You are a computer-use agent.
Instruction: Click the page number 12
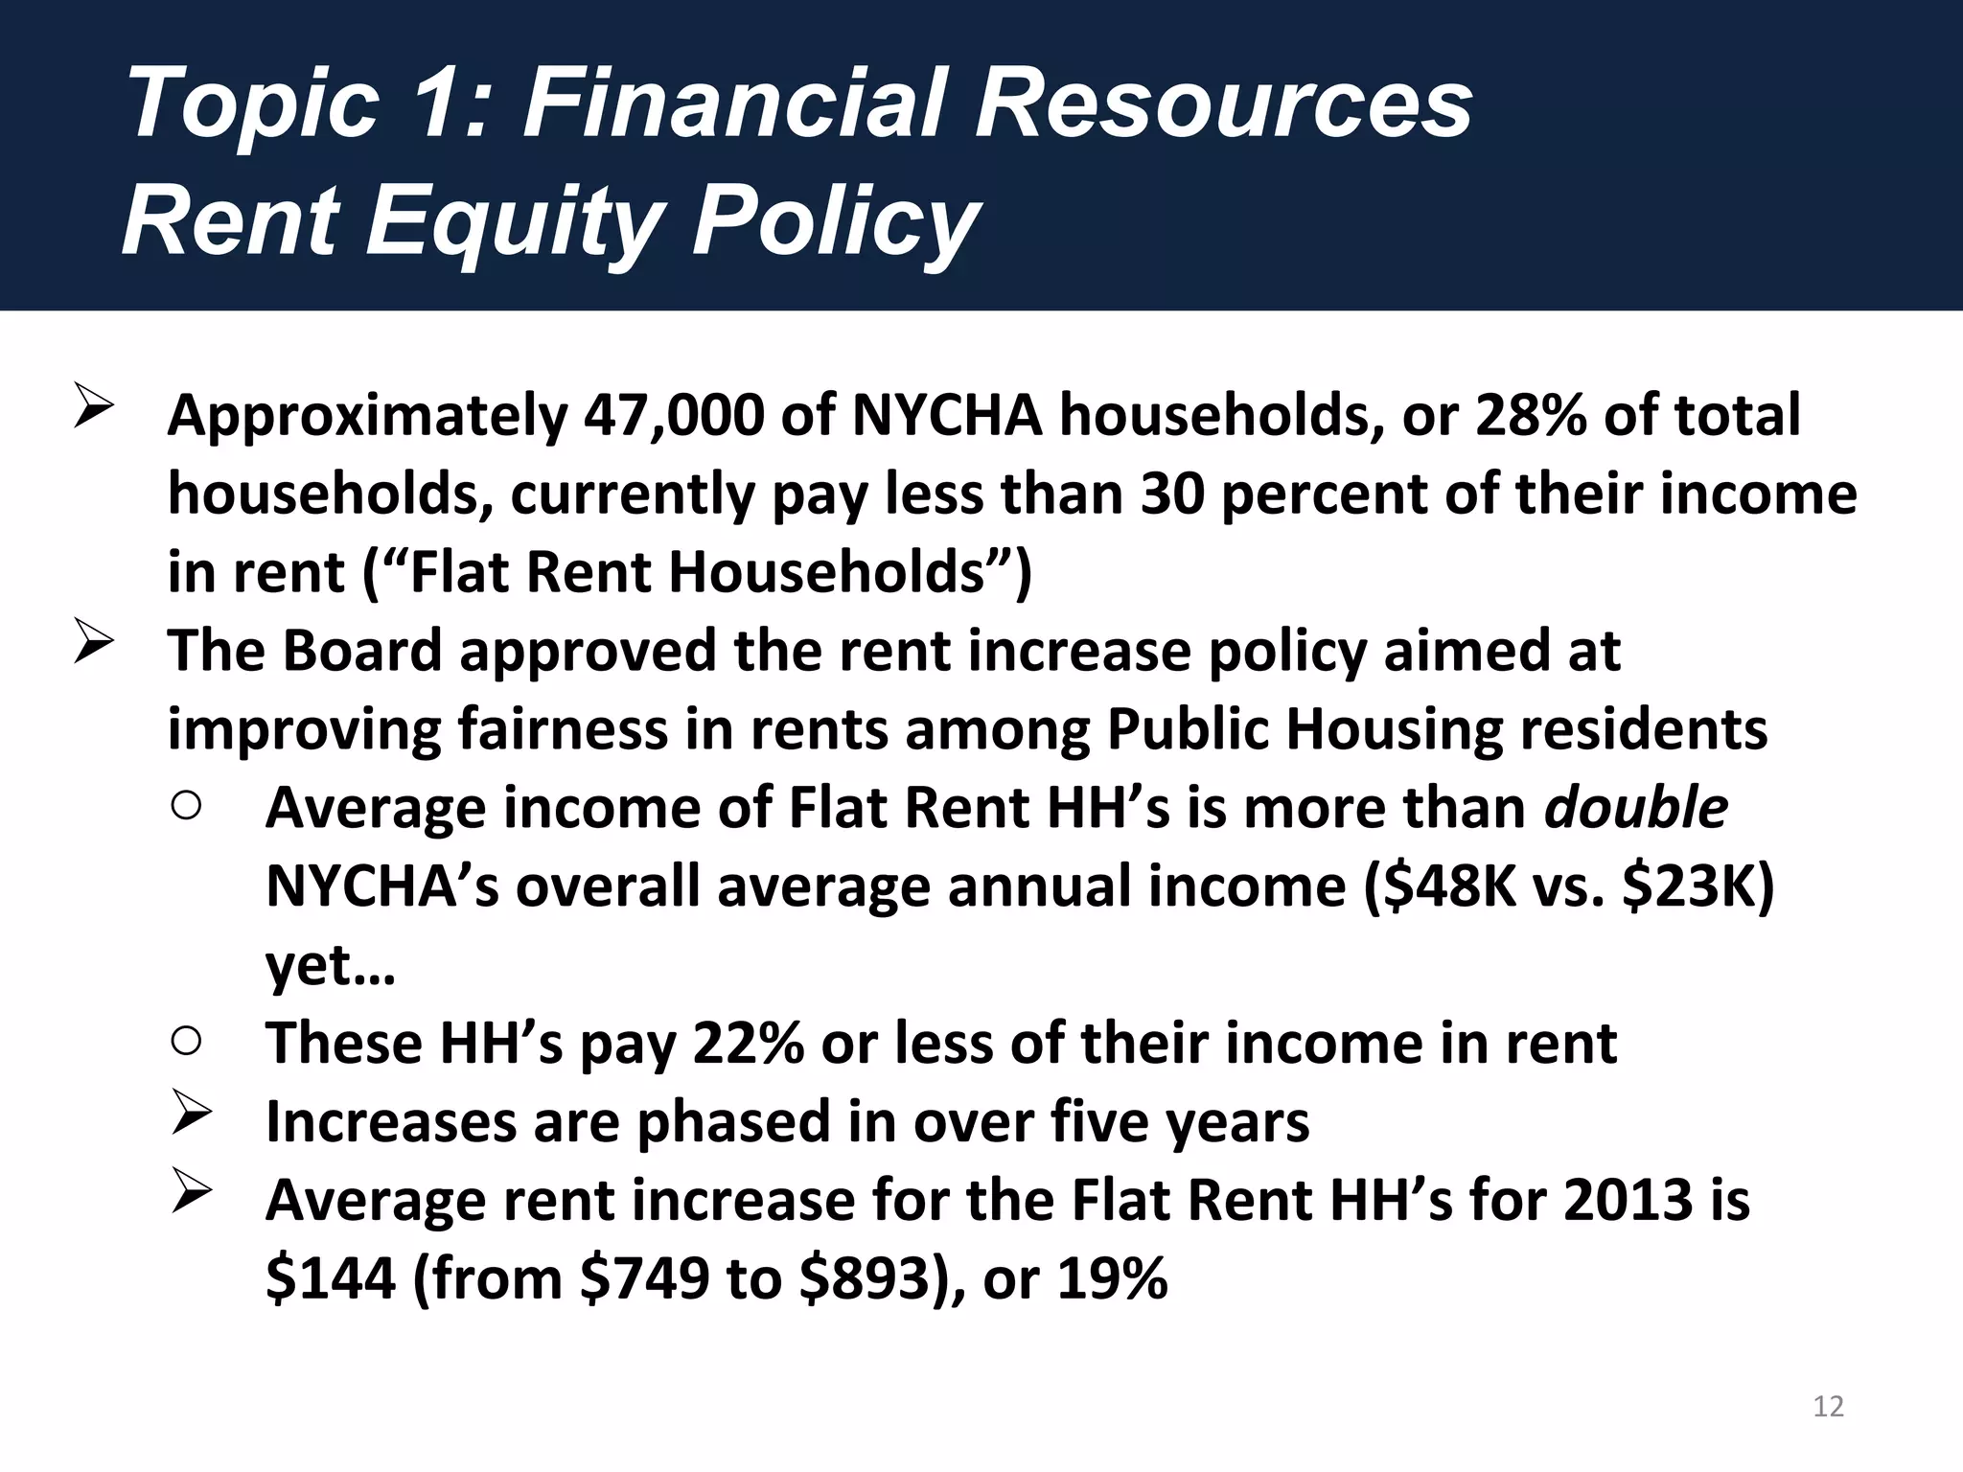(x=1829, y=1406)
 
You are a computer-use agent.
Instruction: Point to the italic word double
(x=1635, y=807)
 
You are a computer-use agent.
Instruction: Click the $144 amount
(x=330, y=1278)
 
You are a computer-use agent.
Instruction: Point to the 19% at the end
(x=1112, y=1278)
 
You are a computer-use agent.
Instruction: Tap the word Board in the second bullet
(x=361, y=651)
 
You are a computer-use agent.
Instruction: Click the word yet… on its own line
(x=330, y=966)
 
